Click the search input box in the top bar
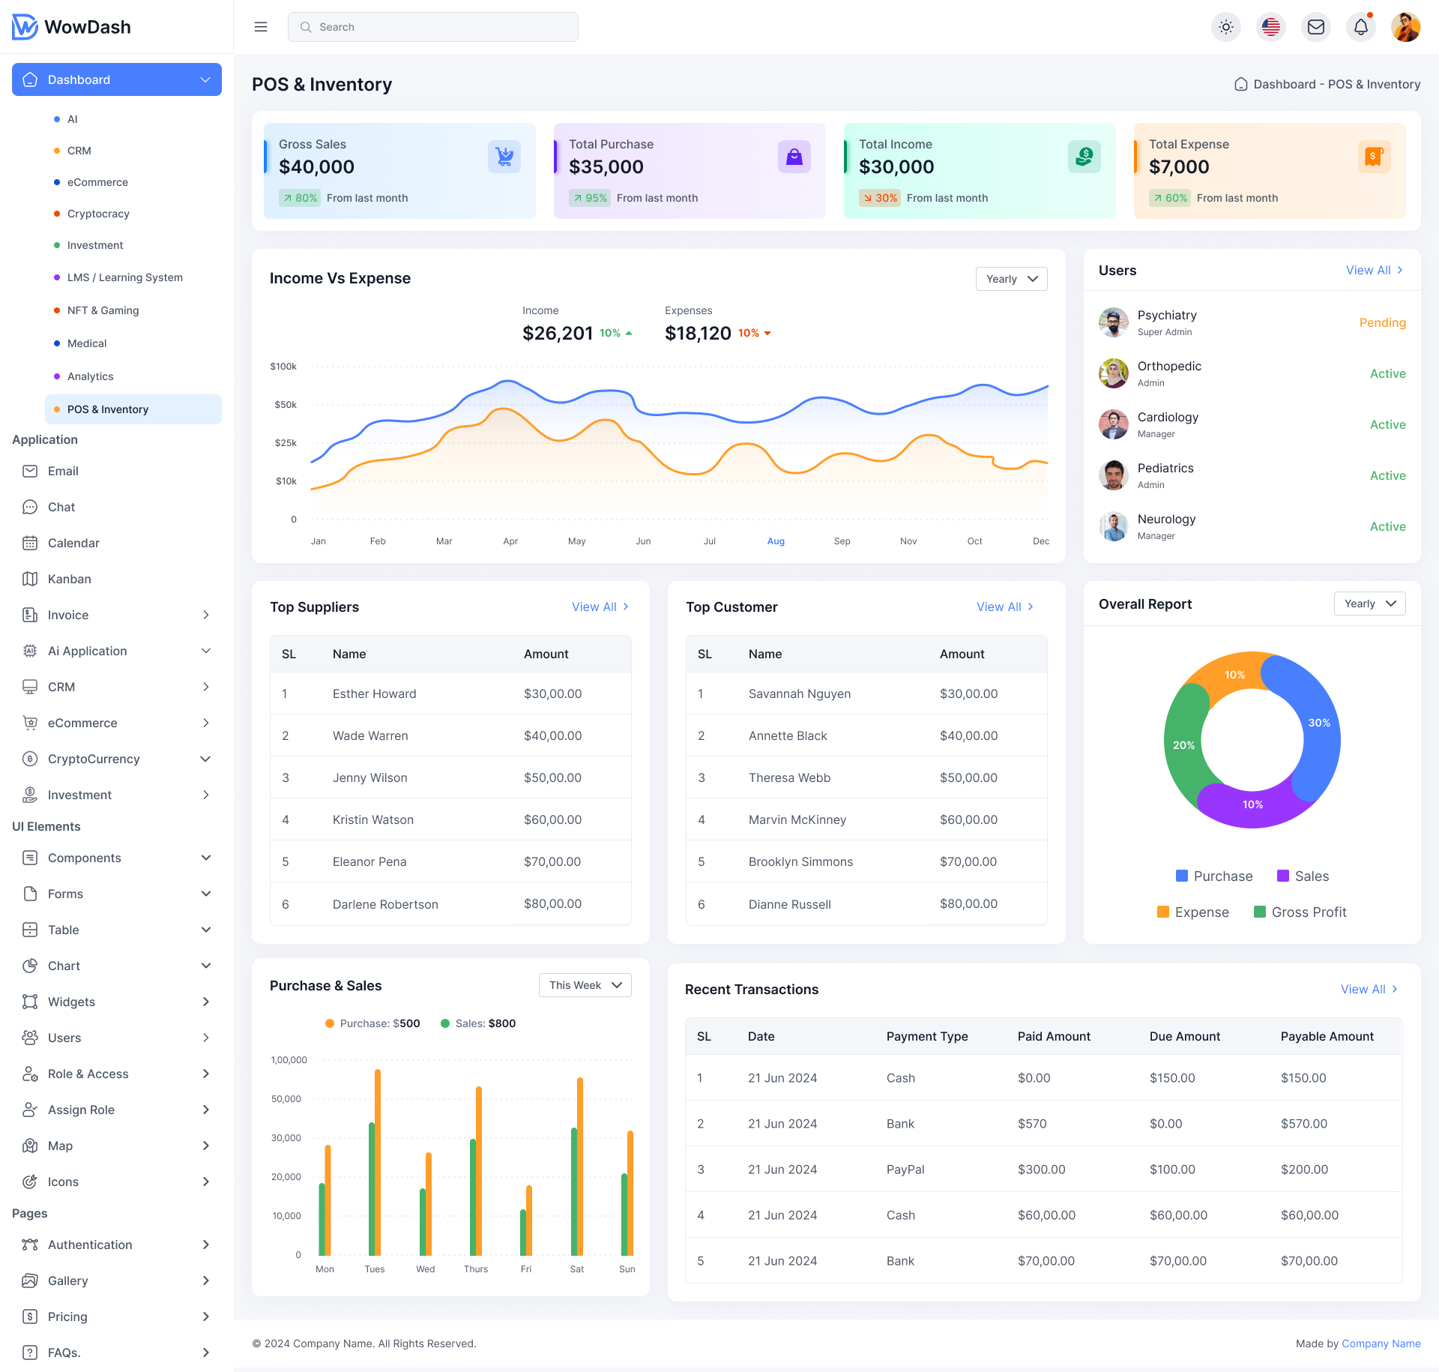432,27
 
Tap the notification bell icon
1360,27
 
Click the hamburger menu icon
261,27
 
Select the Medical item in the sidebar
87,343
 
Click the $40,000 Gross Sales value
316,166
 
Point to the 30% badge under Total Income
880,198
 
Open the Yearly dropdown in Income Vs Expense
1011,279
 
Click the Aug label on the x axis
776,541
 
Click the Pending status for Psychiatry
1382,322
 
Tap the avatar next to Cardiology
1114,424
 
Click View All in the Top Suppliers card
600,607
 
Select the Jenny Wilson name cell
370,777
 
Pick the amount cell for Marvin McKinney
968,819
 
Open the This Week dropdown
585,985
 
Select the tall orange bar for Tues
378,1162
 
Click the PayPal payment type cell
905,1169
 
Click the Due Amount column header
1184,1036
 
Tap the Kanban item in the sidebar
70,579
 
